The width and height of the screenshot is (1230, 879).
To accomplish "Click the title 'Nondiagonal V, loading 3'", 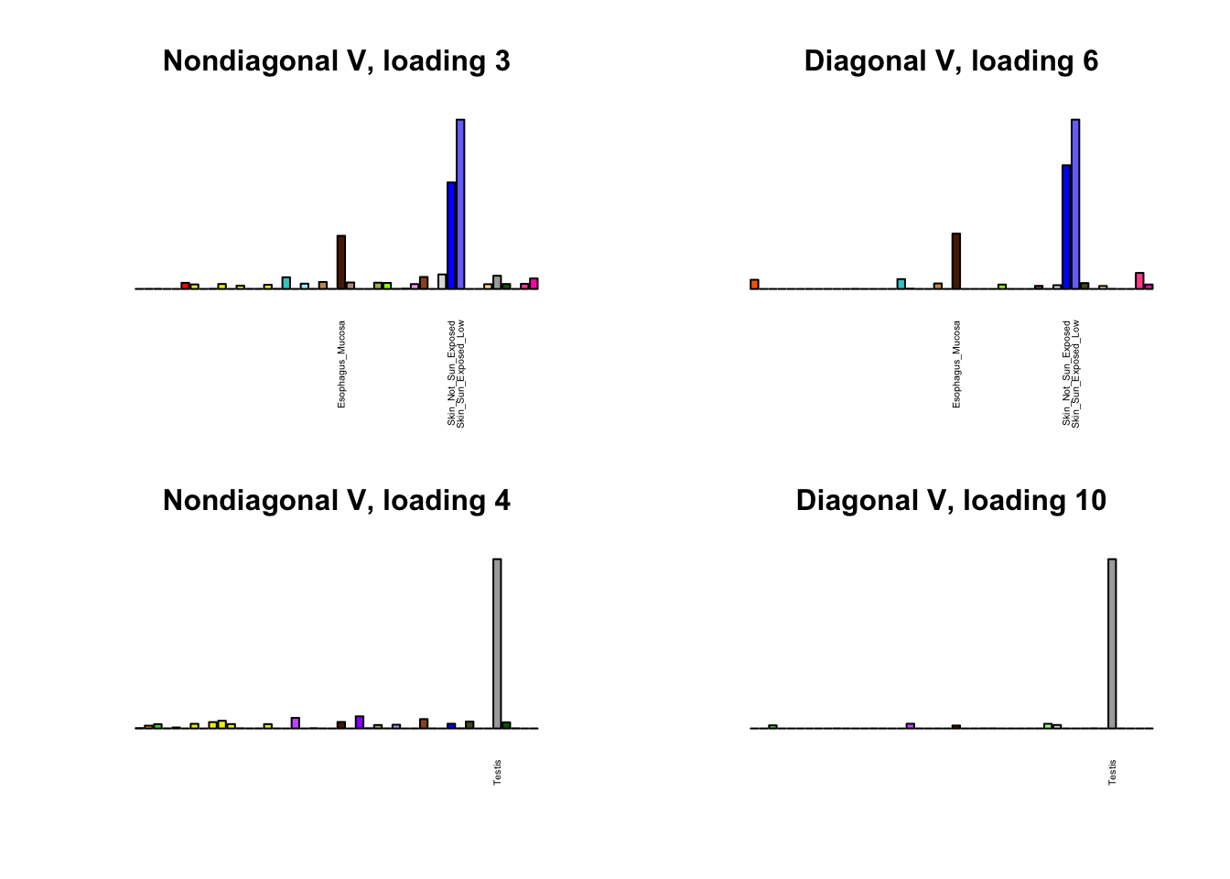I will pos(336,61).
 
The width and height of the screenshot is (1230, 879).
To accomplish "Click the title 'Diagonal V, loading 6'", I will pos(951,61).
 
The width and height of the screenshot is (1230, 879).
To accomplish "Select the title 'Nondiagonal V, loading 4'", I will pos(336,501).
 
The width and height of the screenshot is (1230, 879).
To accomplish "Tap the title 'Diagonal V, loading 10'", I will pos(951,501).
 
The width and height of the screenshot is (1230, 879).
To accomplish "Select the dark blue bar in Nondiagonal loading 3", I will pos(451,235).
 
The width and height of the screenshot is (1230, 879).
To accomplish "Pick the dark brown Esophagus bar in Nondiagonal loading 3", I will pos(341,262).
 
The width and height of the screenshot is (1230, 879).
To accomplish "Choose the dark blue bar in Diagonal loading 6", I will pos(1066,227).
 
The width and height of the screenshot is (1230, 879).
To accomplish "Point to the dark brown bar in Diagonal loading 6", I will pos(956,261).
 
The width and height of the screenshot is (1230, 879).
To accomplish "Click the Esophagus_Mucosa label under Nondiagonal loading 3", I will pos(342,364).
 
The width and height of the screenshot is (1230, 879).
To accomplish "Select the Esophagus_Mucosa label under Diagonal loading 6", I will pos(957,364).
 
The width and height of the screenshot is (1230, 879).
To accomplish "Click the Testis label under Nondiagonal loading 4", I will pos(498,772).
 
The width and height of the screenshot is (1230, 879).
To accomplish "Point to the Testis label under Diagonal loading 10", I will pos(1113,772).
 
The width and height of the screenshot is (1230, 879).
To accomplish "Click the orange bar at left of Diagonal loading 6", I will pos(755,284).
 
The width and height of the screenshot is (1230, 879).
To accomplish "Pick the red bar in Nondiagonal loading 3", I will pos(185,286).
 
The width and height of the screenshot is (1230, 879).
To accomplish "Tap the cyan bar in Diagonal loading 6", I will pos(901,284).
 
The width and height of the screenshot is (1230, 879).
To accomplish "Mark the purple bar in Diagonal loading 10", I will pos(911,726).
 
